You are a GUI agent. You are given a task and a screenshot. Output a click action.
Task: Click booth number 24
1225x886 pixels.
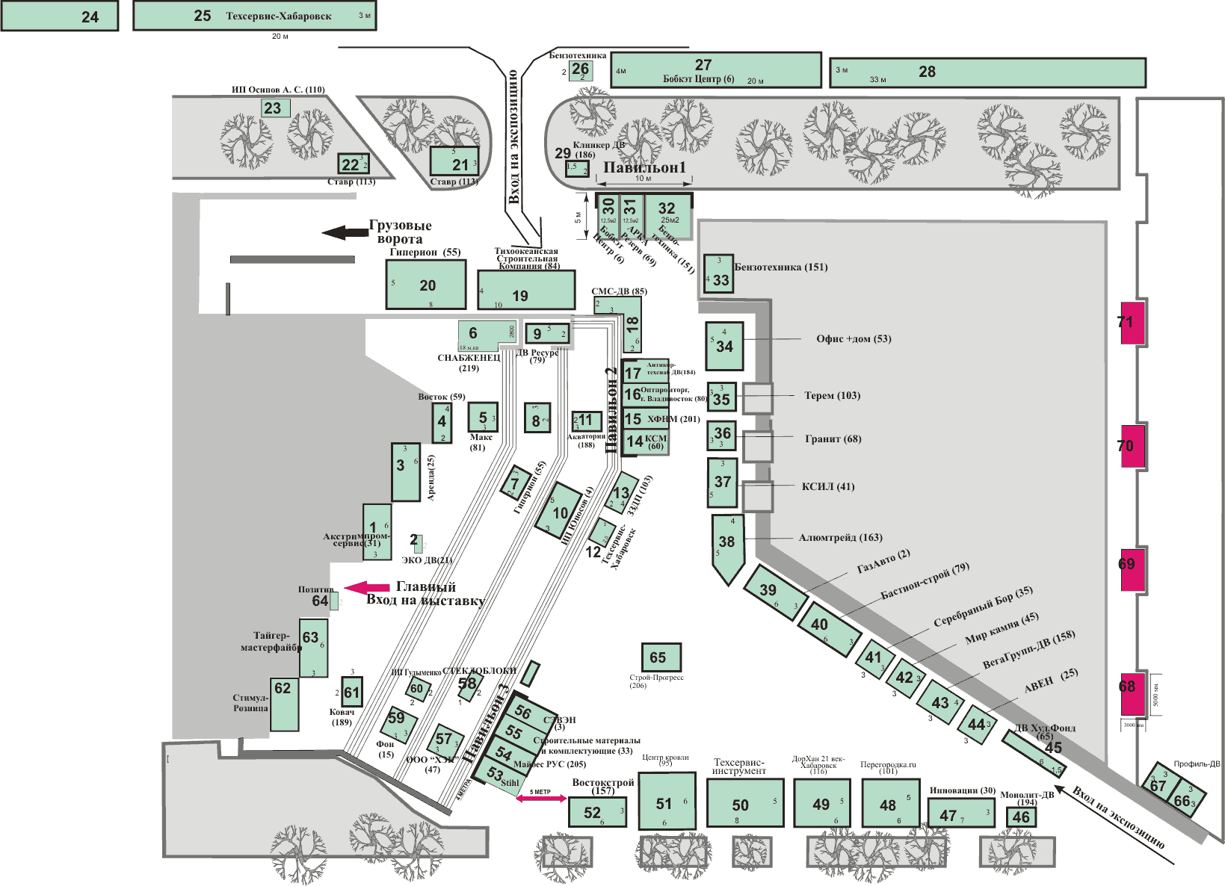(60, 16)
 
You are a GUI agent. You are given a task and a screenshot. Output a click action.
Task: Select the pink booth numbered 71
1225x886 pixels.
(1133, 323)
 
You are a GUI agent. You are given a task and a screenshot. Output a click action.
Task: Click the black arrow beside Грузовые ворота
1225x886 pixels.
(345, 232)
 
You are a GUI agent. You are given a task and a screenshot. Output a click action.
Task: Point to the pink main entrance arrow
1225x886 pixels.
(367, 588)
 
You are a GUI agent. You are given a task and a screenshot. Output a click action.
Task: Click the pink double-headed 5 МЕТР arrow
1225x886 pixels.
(541, 799)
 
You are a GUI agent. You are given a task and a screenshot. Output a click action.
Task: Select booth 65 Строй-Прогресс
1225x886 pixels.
(661, 657)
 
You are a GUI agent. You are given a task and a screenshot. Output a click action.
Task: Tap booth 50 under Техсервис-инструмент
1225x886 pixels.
(744, 803)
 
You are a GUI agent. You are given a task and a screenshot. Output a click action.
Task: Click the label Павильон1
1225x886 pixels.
(644, 167)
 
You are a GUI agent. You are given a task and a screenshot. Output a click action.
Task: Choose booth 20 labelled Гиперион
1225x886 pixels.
(426, 285)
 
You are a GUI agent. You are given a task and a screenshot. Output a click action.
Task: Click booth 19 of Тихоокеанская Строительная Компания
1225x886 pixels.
(526, 290)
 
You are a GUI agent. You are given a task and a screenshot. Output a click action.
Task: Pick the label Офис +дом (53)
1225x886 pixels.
(854, 338)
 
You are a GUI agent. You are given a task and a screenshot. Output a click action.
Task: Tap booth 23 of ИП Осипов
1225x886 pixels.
(275, 108)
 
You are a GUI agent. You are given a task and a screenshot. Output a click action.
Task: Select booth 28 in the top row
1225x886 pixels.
(987, 72)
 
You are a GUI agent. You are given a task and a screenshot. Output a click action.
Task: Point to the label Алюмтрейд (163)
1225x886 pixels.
(840, 537)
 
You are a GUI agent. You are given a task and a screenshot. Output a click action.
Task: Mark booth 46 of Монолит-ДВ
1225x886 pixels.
(1021, 817)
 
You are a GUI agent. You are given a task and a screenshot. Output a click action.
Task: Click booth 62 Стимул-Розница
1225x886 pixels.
(284, 704)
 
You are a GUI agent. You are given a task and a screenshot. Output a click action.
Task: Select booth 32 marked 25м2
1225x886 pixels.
(669, 215)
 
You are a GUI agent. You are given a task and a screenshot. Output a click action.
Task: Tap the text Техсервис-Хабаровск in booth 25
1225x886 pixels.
(279, 16)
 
